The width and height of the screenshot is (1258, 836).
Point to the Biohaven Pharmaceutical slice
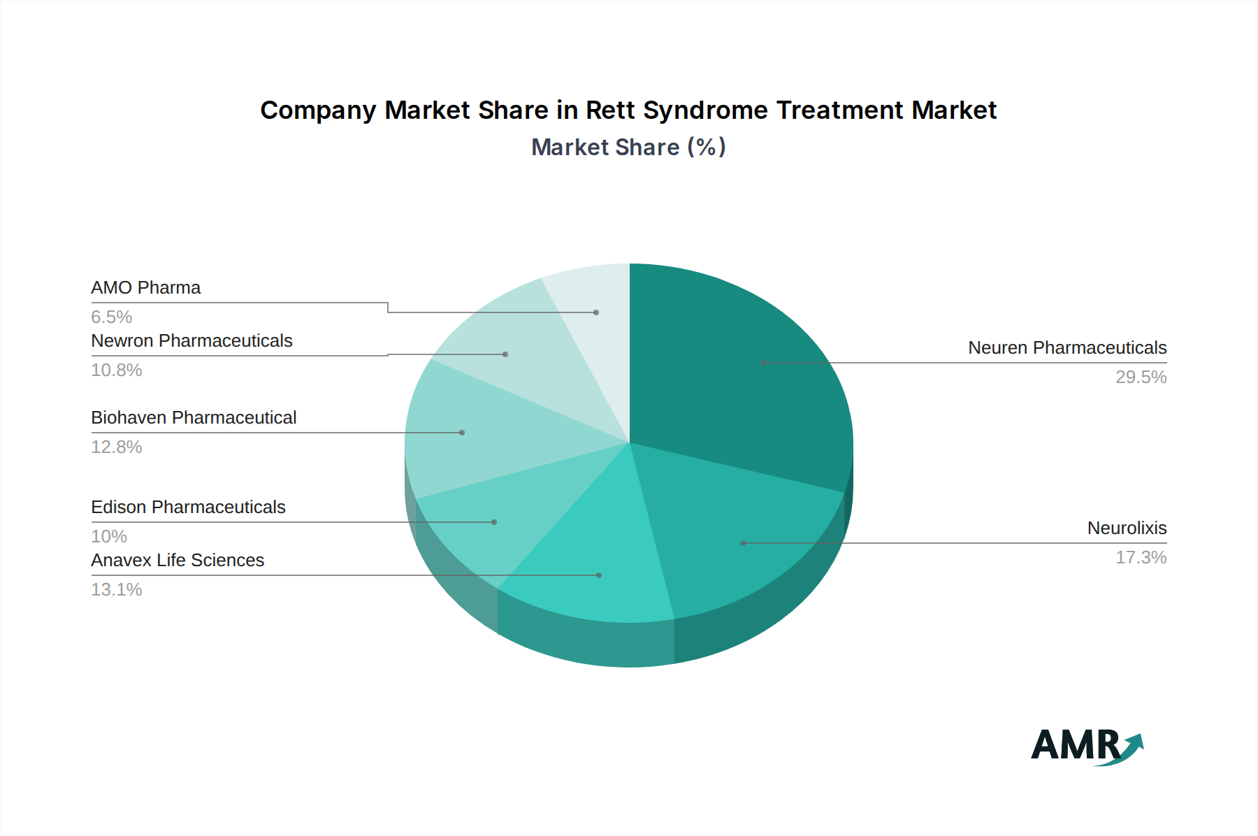(x=475, y=433)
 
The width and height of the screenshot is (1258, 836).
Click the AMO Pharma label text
(x=145, y=288)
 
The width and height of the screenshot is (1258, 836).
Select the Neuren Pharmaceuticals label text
(x=1067, y=348)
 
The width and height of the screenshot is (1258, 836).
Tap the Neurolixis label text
(x=1127, y=528)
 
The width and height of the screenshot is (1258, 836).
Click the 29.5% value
(x=1141, y=377)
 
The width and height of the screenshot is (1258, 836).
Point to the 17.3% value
(x=1141, y=558)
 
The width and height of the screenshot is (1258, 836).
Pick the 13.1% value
(x=117, y=590)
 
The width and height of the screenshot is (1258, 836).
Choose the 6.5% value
(x=112, y=317)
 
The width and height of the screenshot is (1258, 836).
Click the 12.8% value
(x=117, y=447)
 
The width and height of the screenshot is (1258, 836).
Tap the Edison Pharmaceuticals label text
(x=188, y=507)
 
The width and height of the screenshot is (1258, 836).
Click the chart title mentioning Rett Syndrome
(x=628, y=110)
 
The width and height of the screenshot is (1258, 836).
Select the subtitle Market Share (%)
(x=628, y=147)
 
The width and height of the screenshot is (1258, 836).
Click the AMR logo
(x=1086, y=746)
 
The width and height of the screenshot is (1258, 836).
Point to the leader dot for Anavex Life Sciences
(x=599, y=575)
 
